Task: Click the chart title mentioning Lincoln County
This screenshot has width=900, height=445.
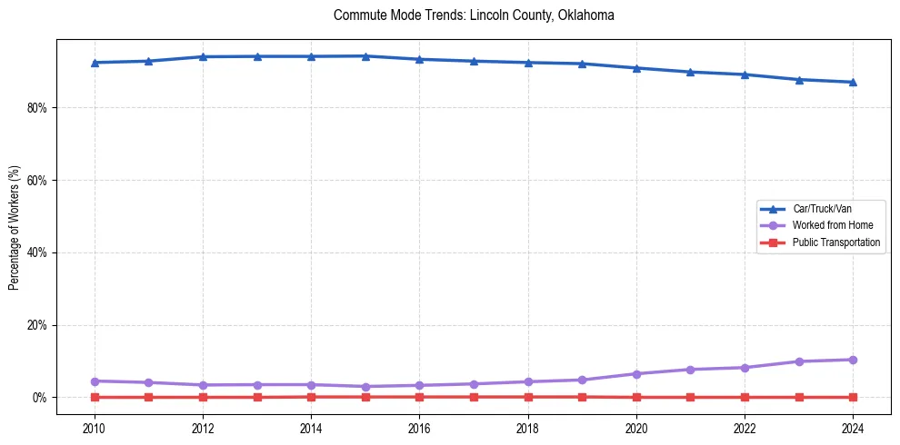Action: tap(474, 15)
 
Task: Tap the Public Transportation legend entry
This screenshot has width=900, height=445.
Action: tap(835, 242)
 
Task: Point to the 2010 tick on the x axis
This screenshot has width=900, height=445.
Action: tap(95, 428)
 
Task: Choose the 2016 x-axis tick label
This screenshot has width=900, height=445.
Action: tap(419, 428)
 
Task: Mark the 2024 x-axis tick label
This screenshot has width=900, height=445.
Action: tap(853, 428)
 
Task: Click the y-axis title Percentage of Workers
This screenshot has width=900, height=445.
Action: tap(15, 227)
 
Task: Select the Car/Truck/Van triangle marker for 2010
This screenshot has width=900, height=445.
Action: tap(95, 63)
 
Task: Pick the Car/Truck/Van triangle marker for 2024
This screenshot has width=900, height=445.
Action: tap(853, 82)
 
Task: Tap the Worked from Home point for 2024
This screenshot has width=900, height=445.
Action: tap(853, 360)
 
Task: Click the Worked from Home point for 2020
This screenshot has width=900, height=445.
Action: tap(636, 374)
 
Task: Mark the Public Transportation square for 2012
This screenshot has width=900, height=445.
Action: tap(203, 397)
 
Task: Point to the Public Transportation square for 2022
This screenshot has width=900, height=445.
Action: tap(745, 397)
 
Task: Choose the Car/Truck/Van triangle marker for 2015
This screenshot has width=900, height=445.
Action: tap(365, 56)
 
